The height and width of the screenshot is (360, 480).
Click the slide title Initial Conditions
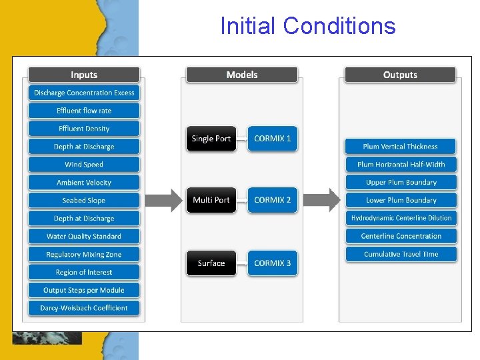[307, 26]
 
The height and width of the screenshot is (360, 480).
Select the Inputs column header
[84, 75]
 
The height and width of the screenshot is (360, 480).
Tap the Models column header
[241, 75]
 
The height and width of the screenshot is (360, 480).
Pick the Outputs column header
[400, 75]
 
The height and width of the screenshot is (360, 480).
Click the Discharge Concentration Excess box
[84, 93]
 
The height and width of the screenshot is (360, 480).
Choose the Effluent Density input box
[84, 129]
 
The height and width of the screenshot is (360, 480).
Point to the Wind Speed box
[84, 165]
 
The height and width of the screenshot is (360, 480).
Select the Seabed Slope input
[84, 201]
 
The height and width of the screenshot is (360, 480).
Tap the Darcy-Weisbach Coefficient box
[84, 308]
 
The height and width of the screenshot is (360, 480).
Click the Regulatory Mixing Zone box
[84, 255]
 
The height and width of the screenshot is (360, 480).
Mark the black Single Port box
[211, 139]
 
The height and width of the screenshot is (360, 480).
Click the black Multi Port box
[211, 200]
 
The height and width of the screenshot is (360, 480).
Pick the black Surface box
[211, 263]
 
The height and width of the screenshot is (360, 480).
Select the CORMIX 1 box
[273, 139]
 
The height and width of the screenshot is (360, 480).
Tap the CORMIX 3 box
[273, 263]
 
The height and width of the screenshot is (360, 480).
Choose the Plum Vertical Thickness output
[400, 147]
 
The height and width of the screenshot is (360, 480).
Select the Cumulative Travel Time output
[401, 254]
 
